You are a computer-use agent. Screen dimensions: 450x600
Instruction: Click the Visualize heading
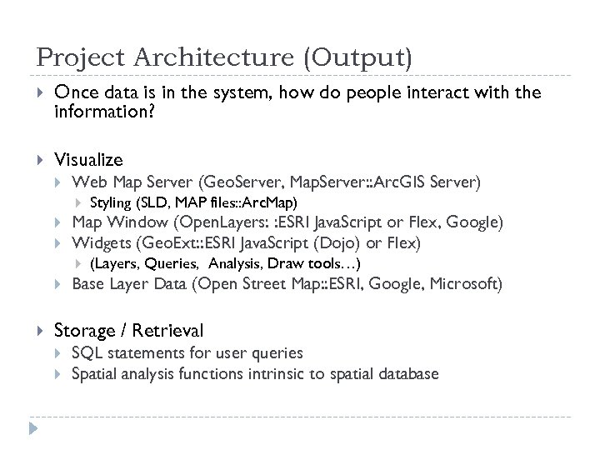(88, 159)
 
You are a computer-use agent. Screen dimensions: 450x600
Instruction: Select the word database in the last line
(407, 373)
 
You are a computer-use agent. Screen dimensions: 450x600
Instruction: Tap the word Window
(130, 222)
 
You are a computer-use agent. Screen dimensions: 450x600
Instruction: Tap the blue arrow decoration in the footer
(34, 431)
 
